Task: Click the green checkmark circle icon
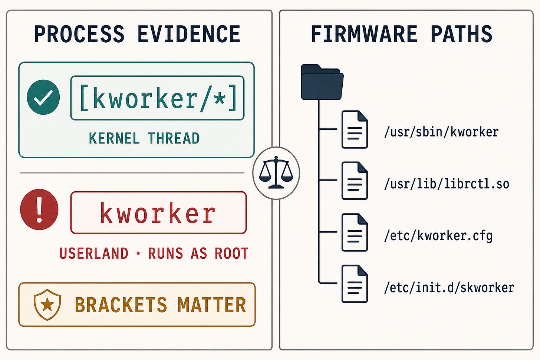point(43,97)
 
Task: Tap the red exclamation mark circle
point(39,209)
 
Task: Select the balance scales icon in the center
point(276,173)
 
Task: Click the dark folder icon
point(322,82)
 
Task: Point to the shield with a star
point(47,305)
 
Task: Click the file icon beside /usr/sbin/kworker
point(355,129)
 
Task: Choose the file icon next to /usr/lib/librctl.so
point(355,181)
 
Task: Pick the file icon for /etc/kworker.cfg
point(355,232)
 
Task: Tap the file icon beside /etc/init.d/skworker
point(355,284)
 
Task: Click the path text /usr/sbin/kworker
point(441,132)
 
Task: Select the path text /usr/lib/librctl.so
point(447,184)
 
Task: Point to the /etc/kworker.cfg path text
point(438,236)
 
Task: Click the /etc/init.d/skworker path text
point(449,288)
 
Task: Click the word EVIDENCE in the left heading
point(189,34)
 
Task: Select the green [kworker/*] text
point(158,98)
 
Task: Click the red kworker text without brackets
point(158,213)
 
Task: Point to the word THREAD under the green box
point(174,138)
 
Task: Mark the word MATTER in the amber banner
point(212,305)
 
